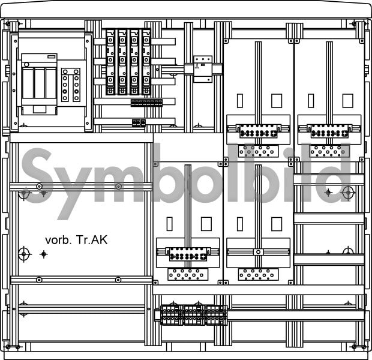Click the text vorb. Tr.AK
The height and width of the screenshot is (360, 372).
[x=76, y=240]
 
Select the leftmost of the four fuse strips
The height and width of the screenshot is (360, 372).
[x=110, y=62]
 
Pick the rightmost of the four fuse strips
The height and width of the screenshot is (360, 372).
[x=146, y=62]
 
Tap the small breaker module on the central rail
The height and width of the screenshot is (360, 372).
[x=203, y=69]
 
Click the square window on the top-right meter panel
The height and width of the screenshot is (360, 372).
[x=347, y=101]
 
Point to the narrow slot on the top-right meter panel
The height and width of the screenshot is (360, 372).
[x=311, y=101]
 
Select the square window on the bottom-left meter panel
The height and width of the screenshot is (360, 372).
[x=206, y=224]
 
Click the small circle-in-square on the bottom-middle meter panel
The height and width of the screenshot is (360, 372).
[x=259, y=252]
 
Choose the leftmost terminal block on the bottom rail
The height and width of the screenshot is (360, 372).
[x=172, y=315]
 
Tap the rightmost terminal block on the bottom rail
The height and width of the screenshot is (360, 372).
[x=216, y=315]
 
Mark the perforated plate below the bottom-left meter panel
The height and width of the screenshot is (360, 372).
[x=188, y=274]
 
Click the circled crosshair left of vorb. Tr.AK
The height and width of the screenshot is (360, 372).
[x=24, y=254]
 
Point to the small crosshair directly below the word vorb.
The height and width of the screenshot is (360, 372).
[x=44, y=254]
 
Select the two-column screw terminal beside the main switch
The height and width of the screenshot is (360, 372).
[x=71, y=85]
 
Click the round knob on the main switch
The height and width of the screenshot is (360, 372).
[x=26, y=65]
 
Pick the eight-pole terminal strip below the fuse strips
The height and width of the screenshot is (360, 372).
[x=146, y=103]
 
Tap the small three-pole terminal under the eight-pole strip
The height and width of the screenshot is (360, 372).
[x=139, y=123]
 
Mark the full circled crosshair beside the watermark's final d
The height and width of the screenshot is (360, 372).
[x=348, y=193]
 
